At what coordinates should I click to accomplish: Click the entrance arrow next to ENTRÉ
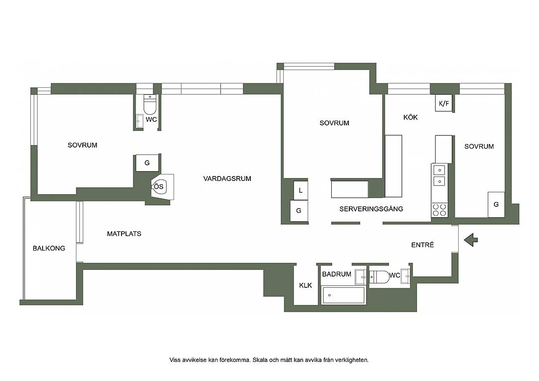coord(470,240)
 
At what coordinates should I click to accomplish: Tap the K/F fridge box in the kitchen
coord(444,103)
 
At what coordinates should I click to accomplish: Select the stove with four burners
coord(440,210)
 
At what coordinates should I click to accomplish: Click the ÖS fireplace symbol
coord(159,187)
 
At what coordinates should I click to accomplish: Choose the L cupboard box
coord(300,190)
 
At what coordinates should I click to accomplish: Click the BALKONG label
coord(49,248)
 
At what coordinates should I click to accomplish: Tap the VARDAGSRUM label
coord(227,178)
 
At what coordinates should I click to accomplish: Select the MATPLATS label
coord(124,234)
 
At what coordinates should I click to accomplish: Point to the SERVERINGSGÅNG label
coord(371,209)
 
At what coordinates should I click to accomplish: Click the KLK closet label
coord(306,285)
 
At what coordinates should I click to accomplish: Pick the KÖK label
coord(411,117)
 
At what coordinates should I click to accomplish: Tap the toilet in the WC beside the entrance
coord(379,277)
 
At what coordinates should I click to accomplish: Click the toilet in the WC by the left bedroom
coord(150,104)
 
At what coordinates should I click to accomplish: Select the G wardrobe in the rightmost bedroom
coord(496,204)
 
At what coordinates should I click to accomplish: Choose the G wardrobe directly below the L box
coord(299,210)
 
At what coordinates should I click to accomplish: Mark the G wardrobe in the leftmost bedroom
coord(147,163)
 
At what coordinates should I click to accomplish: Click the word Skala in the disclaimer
coord(260,360)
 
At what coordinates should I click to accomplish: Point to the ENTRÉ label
coord(422,245)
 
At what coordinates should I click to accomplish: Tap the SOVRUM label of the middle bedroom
coord(334,123)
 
